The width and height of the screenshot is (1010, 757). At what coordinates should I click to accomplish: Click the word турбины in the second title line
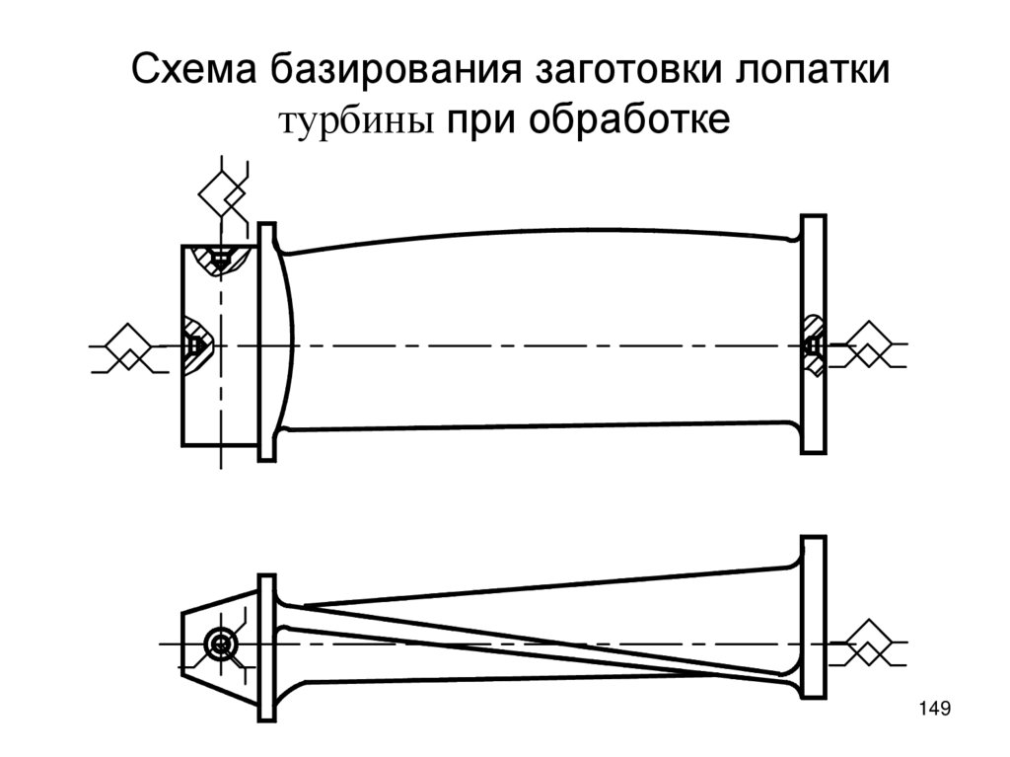point(360,120)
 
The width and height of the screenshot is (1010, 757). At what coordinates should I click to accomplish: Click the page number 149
point(932,708)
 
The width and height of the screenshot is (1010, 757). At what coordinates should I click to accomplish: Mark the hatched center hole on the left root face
point(194,345)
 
